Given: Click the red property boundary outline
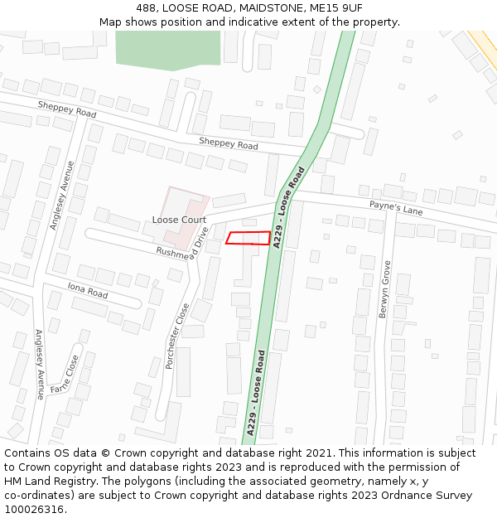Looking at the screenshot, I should tap(248, 239).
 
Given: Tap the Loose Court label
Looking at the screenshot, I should tap(179, 220).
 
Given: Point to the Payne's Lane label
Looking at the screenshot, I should tap(396, 207).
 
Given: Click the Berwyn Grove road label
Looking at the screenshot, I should tap(385, 284).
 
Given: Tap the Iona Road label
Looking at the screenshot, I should tap(88, 289).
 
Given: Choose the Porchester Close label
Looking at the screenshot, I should tap(179, 336).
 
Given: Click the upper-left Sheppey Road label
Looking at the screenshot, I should tap(67, 109).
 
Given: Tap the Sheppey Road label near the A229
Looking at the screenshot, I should tap(229, 143).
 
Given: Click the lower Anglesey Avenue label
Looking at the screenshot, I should tap(39, 365).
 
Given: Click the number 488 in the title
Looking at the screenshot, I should tap(147, 8).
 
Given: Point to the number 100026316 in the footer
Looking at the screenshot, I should tap(33, 509).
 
